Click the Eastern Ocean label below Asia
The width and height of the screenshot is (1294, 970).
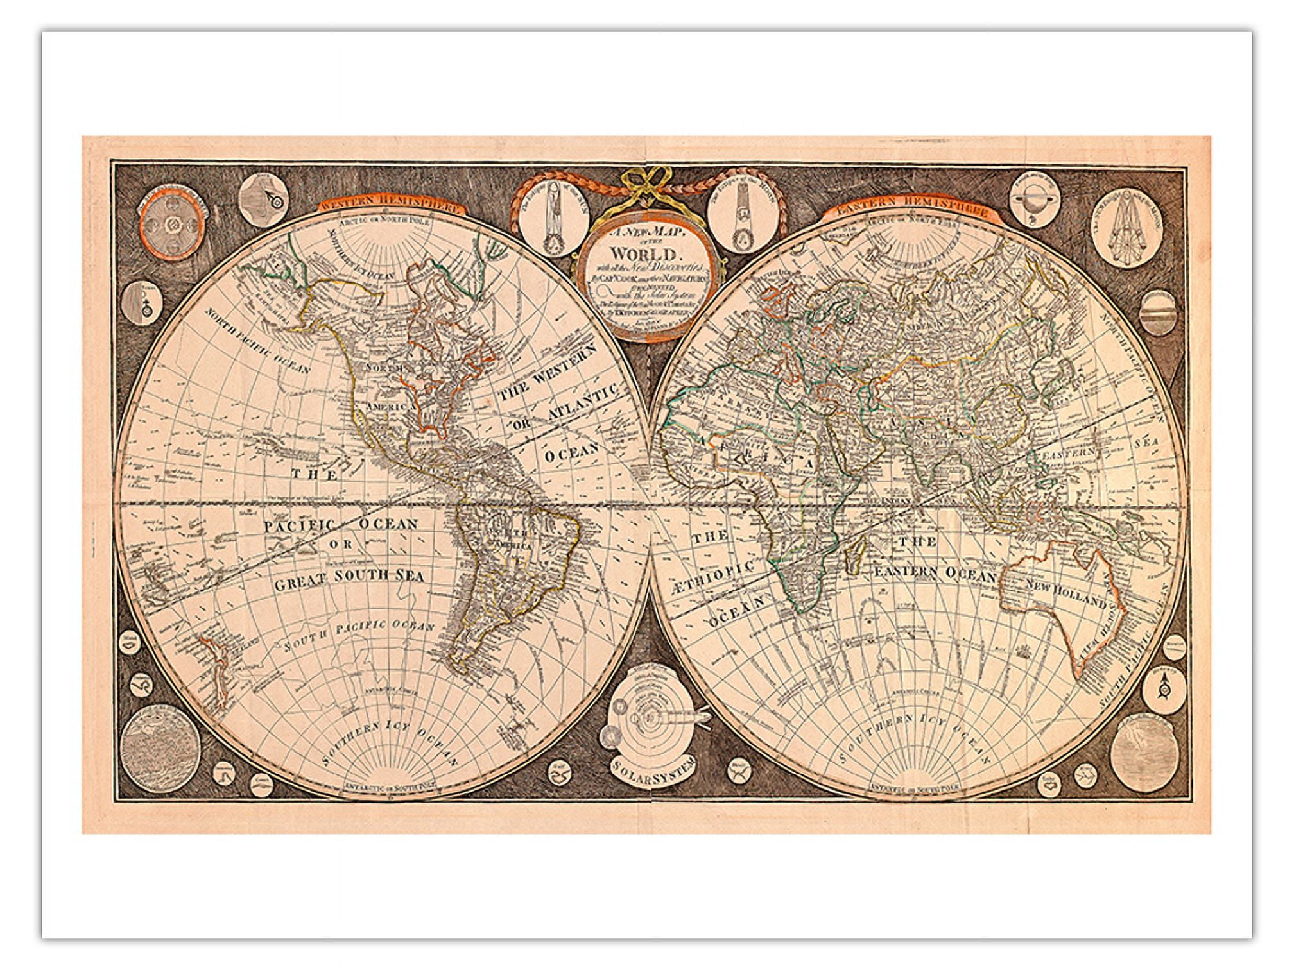click(x=934, y=574)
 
